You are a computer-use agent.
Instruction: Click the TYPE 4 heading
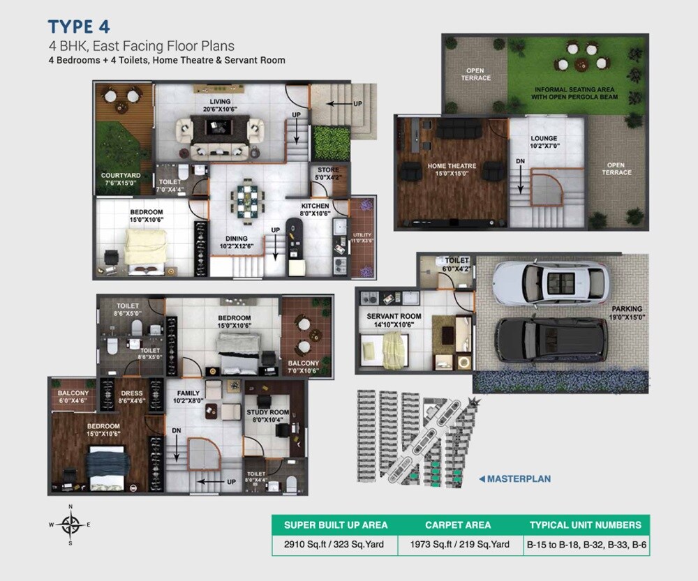79,27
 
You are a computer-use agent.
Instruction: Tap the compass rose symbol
70,523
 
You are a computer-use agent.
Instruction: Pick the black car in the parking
551,339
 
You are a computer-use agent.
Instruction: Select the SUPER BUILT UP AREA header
335,525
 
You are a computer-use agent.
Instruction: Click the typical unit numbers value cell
586,544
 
